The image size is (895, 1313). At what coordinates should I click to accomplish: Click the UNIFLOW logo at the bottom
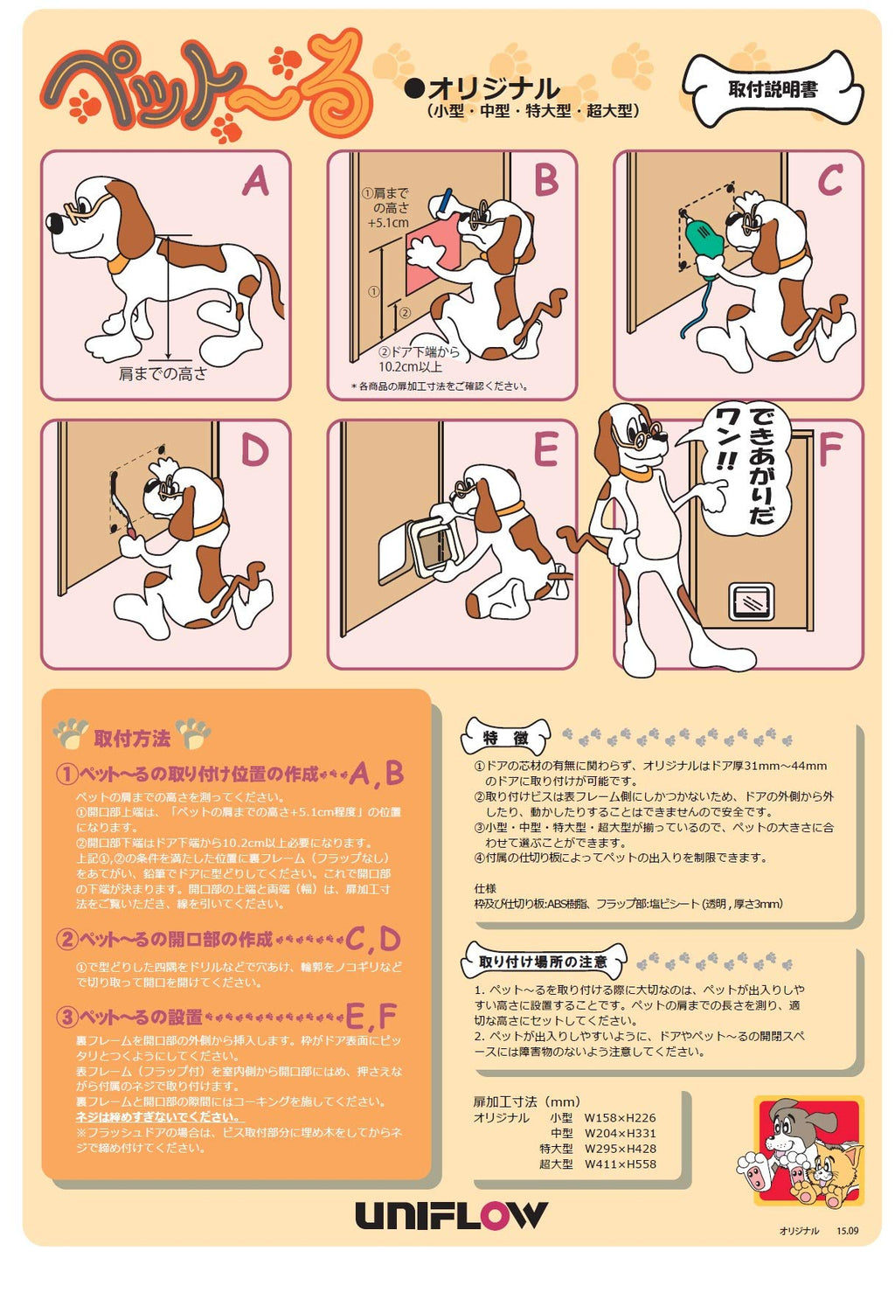(450, 1215)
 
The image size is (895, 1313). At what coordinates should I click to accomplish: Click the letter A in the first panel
(256, 180)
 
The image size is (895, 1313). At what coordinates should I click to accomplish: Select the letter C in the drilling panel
(829, 180)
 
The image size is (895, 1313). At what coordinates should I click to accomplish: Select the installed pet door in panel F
(751, 601)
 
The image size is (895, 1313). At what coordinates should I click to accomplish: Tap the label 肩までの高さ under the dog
(163, 374)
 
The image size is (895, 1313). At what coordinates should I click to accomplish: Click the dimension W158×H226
(620, 1117)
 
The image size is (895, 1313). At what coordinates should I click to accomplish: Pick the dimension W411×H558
(620, 1164)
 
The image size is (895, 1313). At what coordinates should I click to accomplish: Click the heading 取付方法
(132, 738)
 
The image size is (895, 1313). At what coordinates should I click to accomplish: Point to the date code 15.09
(848, 1230)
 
